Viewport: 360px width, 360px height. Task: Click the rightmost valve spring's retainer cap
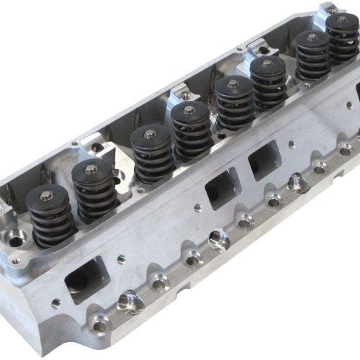pos(341,20)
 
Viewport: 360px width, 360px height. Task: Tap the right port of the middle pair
pos(264,160)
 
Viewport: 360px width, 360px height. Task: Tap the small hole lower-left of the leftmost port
pos(56,303)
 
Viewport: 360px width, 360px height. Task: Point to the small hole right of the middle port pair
pos(294,145)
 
